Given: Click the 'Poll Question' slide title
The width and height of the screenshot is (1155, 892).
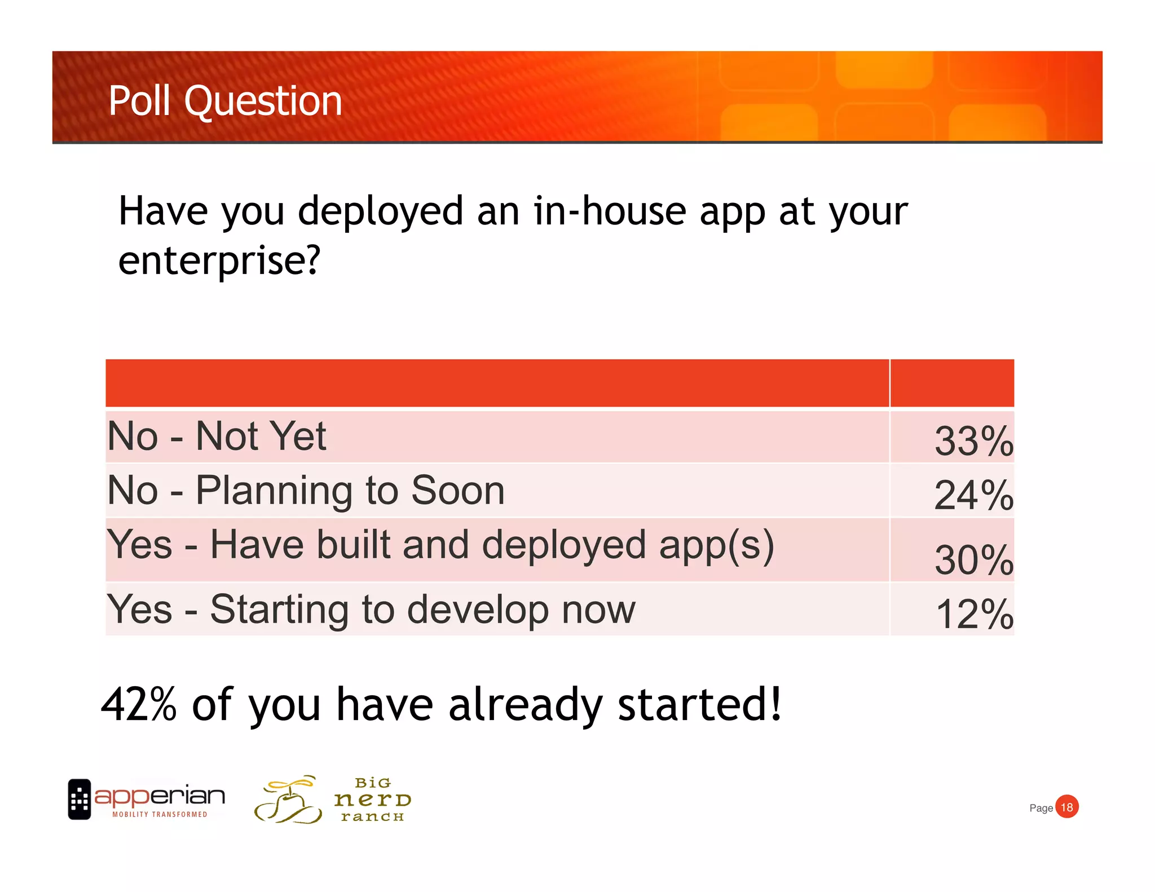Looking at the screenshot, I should pyautogui.click(x=225, y=101).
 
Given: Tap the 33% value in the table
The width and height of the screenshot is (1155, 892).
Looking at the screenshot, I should pyautogui.click(x=973, y=441).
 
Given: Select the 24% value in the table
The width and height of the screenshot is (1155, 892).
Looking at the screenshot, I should pyautogui.click(x=973, y=495).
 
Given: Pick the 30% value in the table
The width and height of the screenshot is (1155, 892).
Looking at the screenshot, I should pyautogui.click(x=973, y=560).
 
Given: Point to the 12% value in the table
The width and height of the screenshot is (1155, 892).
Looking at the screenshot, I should pyautogui.click(x=974, y=613).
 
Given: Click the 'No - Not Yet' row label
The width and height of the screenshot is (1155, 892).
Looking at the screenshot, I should pyautogui.click(x=217, y=436).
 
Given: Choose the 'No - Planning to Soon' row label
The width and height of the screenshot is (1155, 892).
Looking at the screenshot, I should pyautogui.click(x=306, y=490).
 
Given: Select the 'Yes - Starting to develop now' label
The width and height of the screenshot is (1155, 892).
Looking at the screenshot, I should pyautogui.click(x=371, y=609).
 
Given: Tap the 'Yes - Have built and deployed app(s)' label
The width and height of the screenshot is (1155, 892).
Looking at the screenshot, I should pyautogui.click(x=440, y=545).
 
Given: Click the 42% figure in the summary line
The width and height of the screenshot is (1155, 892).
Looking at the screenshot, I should pyautogui.click(x=139, y=704).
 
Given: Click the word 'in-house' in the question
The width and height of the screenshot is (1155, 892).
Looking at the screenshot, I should pyautogui.click(x=610, y=211).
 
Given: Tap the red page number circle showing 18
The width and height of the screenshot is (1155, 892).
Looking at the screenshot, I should pyautogui.click(x=1066, y=807).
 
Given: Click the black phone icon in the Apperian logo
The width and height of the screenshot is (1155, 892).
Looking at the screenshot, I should pyautogui.click(x=80, y=799).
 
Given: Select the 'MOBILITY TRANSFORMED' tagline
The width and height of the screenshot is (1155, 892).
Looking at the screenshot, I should pyautogui.click(x=160, y=814).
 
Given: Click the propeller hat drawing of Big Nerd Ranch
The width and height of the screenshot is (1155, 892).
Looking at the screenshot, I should pyautogui.click(x=288, y=800).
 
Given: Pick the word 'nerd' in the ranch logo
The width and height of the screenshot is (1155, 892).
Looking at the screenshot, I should pyautogui.click(x=372, y=800).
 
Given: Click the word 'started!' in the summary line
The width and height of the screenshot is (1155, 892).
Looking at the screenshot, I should pyautogui.click(x=699, y=704).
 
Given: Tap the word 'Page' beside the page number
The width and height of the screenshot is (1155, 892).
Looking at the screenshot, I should pyautogui.click(x=1041, y=808).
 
